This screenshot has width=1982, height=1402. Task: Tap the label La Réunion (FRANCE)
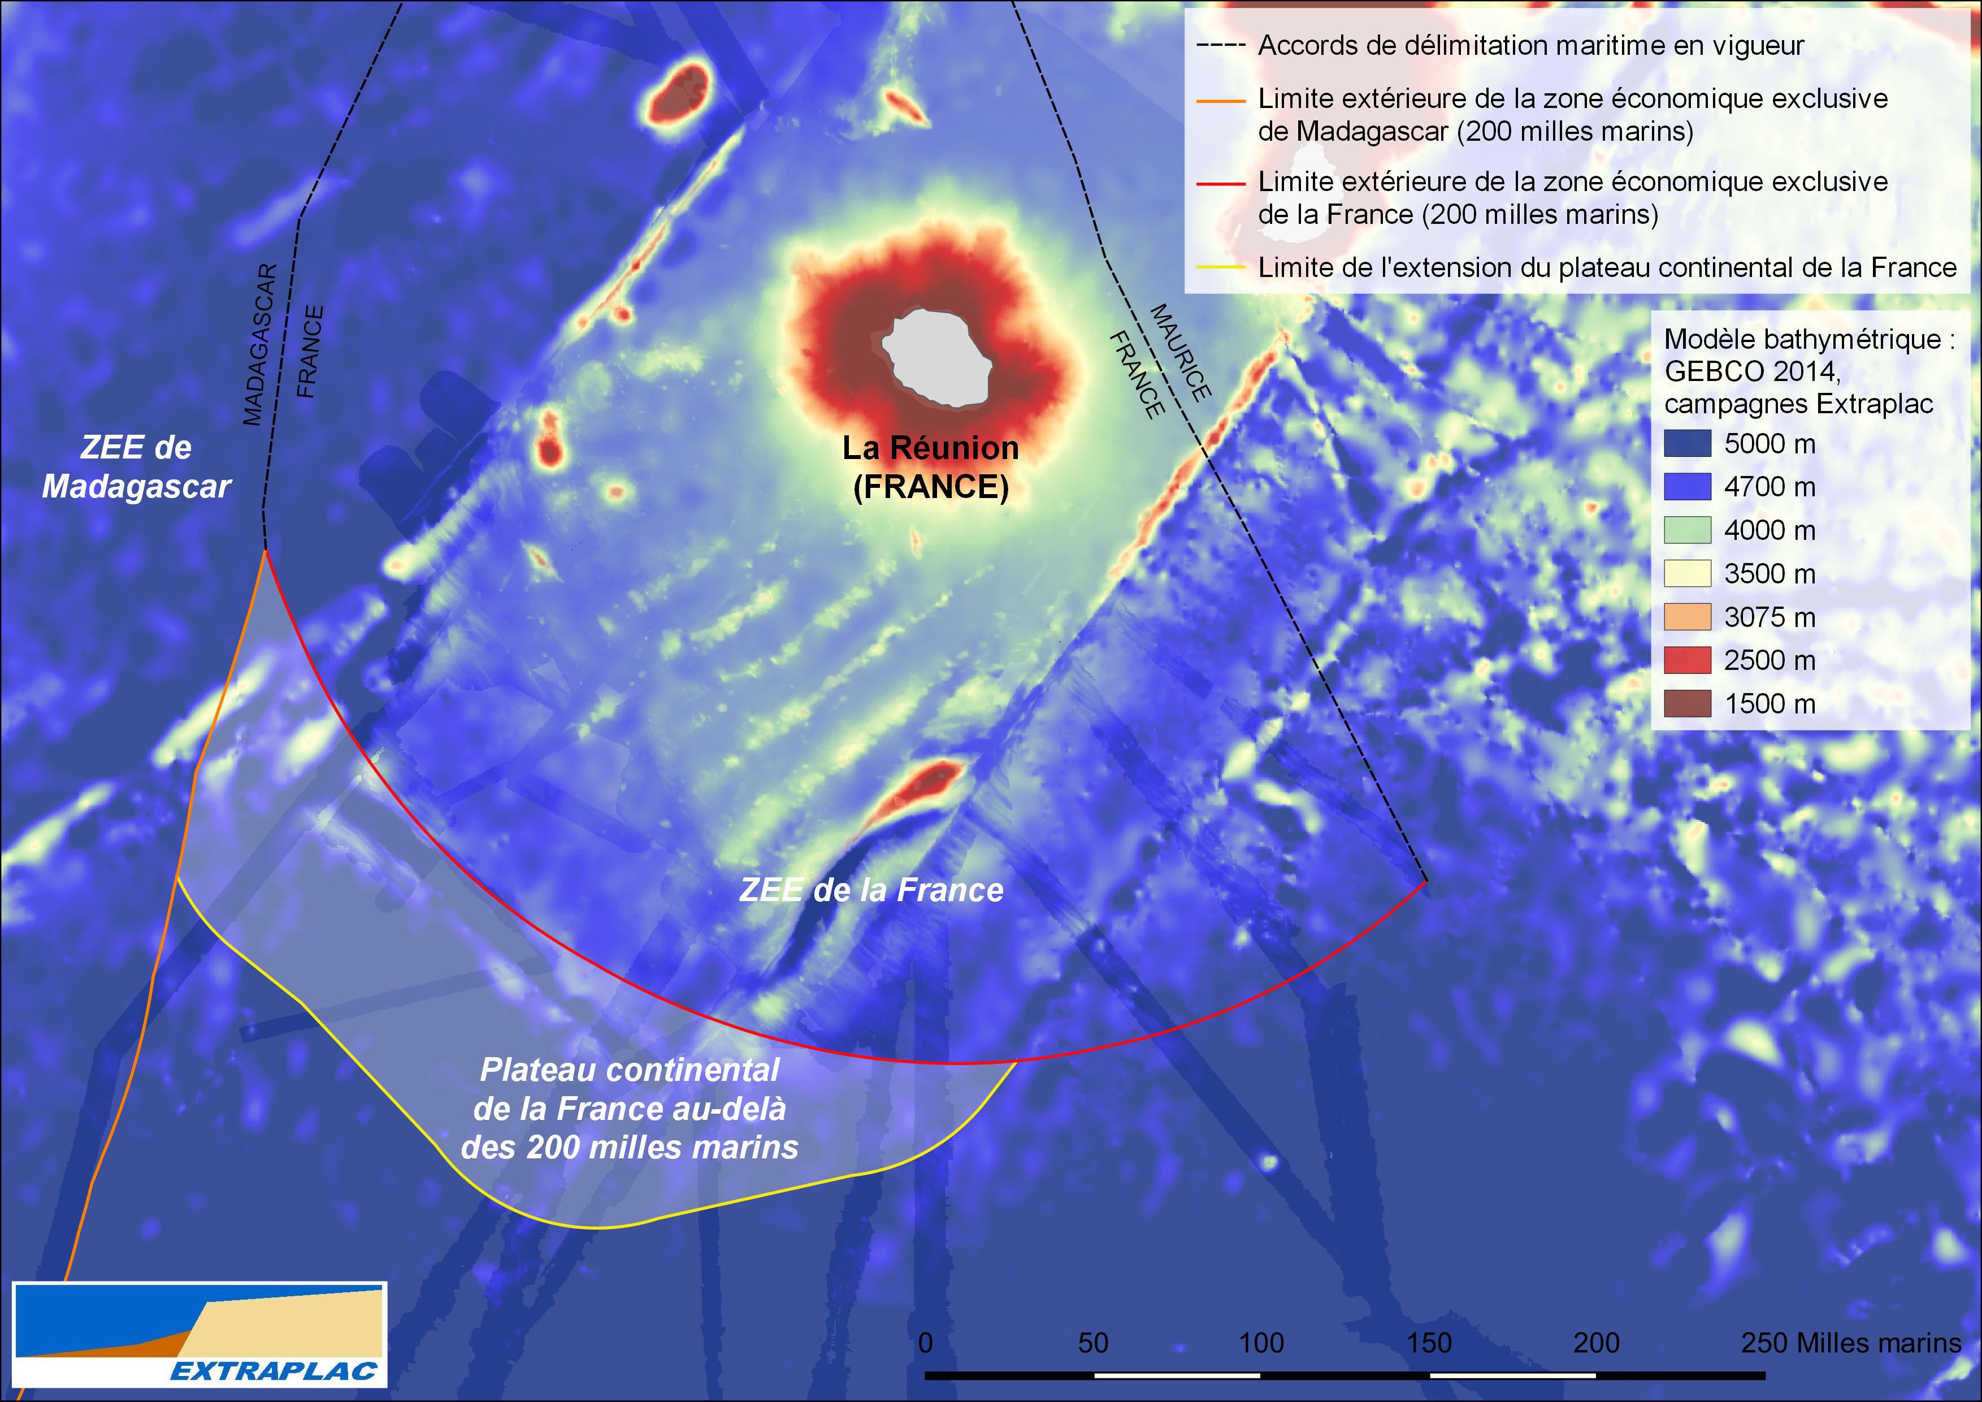pyautogui.click(x=931, y=467)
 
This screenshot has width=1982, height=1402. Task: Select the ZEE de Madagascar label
pyautogui.click(x=136, y=467)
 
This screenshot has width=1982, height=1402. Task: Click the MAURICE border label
pyautogui.click(x=1180, y=352)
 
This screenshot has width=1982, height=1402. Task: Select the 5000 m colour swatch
pyautogui.click(x=1687, y=444)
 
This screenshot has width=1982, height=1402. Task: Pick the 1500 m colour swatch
pyautogui.click(x=1687, y=704)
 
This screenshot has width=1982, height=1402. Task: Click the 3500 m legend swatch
pyautogui.click(x=1687, y=573)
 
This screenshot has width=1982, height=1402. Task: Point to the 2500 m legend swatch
pyautogui.click(x=1687, y=660)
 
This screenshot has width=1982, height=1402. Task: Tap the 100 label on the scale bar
pyautogui.click(x=1261, y=1343)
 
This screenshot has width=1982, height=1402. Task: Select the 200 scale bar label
pyautogui.click(x=1596, y=1343)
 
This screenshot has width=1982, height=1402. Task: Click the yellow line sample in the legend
pyautogui.click(x=1221, y=267)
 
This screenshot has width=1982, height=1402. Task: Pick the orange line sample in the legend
pyautogui.click(x=1221, y=100)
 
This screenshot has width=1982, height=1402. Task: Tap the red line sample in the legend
pyautogui.click(x=1221, y=183)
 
